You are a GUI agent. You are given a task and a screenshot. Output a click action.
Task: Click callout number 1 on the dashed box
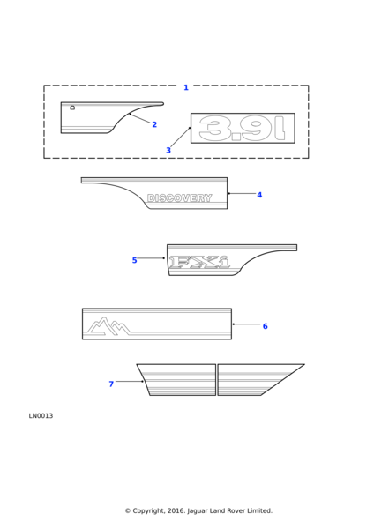pyautogui.click(x=186, y=87)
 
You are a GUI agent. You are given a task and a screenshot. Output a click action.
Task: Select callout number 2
pyautogui.click(x=154, y=124)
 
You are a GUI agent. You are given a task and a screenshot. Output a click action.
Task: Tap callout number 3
pyautogui.click(x=168, y=151)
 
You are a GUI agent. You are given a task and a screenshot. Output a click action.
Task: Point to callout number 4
pyautogui.click(x=259, y=195)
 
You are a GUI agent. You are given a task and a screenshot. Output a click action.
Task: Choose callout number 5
pyautogui.click(x=134, y=260)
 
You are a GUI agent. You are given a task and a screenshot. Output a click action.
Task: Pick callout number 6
pyautogui.click(x=265, y=326)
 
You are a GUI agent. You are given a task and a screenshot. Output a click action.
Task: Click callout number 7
pyautogui.click(x=111, y=384)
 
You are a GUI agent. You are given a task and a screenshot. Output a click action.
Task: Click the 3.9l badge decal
pyautogui.click(x=243, y=128)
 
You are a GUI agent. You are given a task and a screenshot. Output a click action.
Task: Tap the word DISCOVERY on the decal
pyautogui.click(x=180, y=198)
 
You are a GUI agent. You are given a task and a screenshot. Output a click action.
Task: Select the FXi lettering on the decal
pyautogui.click(x=200, y=262)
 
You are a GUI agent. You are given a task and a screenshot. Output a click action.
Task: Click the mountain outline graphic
pyautogui.click(x=108, y=326)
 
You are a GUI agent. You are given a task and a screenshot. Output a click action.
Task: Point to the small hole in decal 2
pyautogui.click(x=72, y=108)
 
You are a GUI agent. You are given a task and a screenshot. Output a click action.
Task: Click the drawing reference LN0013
pyautogui.click(x=41, y=416)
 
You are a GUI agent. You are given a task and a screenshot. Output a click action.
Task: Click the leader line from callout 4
pyautogui.click(x=242, y=194)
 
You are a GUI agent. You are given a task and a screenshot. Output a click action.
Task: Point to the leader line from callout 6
pyautogui.click(x=247, y=324)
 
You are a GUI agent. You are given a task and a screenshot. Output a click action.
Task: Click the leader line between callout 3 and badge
pyautogui.click(x=181, y=138)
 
